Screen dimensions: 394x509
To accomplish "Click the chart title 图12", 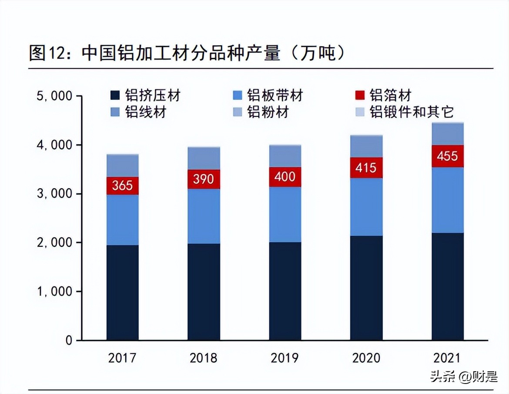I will point(187,53).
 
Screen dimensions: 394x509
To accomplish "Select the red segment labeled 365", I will point(122,186).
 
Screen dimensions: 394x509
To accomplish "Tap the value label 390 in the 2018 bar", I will point(204,179).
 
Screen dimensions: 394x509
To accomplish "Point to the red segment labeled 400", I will point(285,177).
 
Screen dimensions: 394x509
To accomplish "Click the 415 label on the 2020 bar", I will point(366,168).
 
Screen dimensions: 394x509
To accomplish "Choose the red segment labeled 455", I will point(447,156).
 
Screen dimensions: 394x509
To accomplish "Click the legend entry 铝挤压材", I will point(146,95).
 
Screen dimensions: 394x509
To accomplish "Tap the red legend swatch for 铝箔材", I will point(359,95).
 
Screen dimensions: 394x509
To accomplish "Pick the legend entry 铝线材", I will point(139,112).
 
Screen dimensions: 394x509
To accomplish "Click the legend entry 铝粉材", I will point(261,112).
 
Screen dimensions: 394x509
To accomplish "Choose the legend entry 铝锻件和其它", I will point(405,112).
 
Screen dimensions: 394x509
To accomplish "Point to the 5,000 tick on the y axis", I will point(54,96).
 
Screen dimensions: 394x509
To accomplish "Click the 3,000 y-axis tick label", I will point(54,194).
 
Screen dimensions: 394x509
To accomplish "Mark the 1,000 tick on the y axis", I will point(54,291).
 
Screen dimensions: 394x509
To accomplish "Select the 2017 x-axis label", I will point(122,358).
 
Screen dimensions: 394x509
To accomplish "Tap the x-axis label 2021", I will point(447,358).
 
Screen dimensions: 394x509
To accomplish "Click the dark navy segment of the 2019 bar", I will point(285,291).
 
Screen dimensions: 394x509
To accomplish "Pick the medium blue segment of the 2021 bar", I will point(447,200).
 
